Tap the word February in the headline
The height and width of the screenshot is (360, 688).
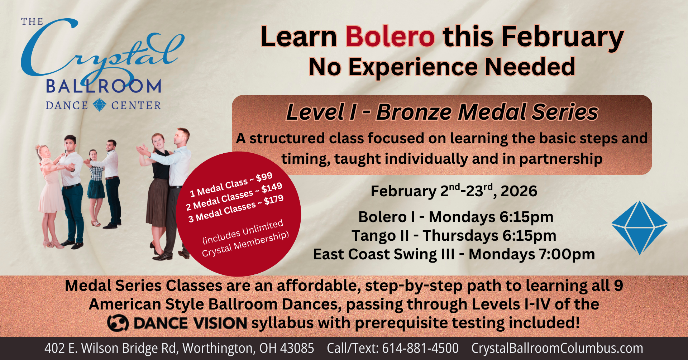click(562, 37)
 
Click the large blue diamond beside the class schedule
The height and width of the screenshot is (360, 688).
click(640, 227)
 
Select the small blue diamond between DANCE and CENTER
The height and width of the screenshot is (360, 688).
click(99, 105)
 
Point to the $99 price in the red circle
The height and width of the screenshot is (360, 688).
click(264, 177)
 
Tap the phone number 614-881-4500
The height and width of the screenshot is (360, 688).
click(420, 348)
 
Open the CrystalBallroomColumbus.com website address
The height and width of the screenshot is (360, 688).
click(557, 348)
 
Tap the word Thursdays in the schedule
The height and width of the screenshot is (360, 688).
click(460, 236)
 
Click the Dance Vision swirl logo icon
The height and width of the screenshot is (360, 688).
click(118, 323)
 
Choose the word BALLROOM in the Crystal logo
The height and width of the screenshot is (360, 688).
click(104, 86)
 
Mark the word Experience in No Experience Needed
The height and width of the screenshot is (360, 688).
click(413, 67)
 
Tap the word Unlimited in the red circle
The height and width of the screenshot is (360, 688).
click(262, 228)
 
